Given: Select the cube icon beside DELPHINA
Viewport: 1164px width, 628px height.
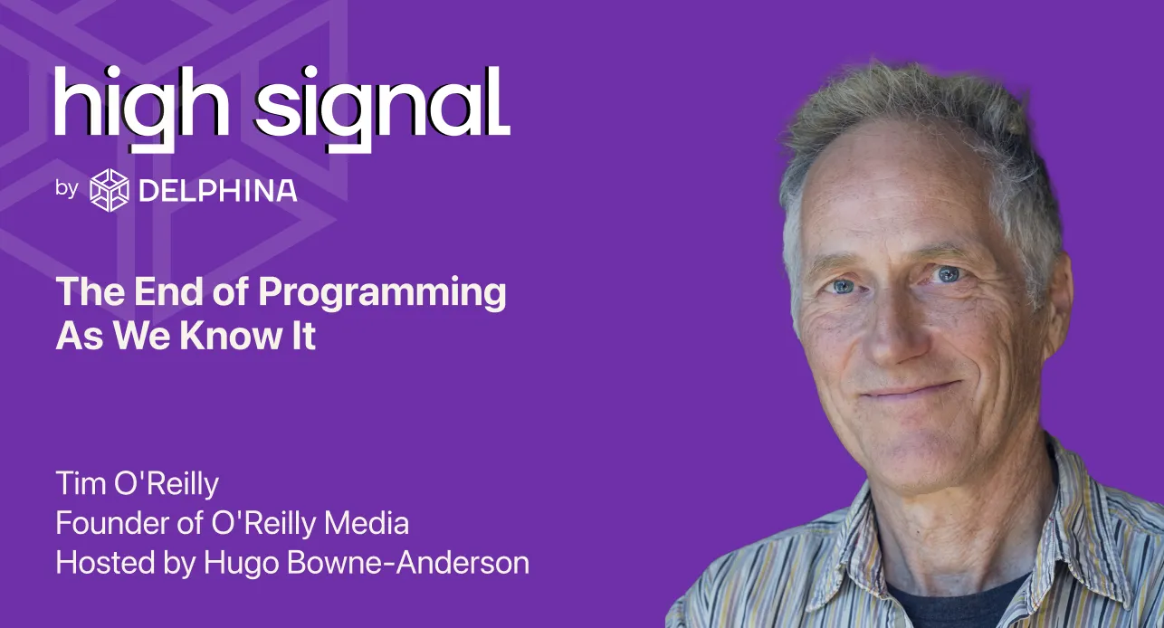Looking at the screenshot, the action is tap(110, 190).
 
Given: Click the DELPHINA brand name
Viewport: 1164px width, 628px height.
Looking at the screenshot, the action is tap(218, 191).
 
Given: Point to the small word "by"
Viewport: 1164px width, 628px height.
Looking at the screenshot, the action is tap(66, 188).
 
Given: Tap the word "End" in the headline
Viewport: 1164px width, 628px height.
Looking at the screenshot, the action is tap(167, 291).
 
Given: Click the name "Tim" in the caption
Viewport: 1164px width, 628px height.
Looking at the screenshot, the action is tap(81, 483).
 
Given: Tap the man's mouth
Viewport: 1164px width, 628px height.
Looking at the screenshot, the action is tap(910, 391).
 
